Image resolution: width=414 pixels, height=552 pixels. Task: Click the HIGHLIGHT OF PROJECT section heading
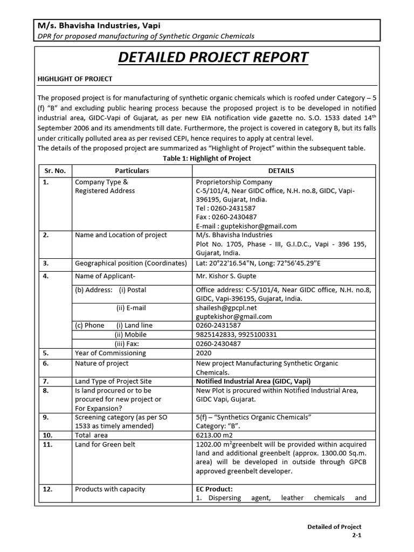[x=74, y=79]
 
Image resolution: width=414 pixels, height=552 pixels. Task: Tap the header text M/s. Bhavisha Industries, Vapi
[x=98, y=25]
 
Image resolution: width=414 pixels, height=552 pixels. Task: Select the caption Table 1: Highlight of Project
[x=206, y=158]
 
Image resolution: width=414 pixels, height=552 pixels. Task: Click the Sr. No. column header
[x=54, y=170]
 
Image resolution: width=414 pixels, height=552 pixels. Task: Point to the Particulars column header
[x=132, y=170]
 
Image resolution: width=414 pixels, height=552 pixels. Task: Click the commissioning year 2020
[x=204, y=353]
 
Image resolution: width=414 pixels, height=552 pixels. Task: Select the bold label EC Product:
[x=214, y=489]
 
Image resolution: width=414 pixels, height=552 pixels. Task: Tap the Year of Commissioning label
[x=110, y=353]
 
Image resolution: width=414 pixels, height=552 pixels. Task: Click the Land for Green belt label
[x=105, y=444]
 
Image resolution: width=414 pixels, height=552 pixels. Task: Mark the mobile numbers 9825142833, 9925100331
[x=236, y=334]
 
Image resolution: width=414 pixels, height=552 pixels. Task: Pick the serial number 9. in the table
[x=46, y=417]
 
